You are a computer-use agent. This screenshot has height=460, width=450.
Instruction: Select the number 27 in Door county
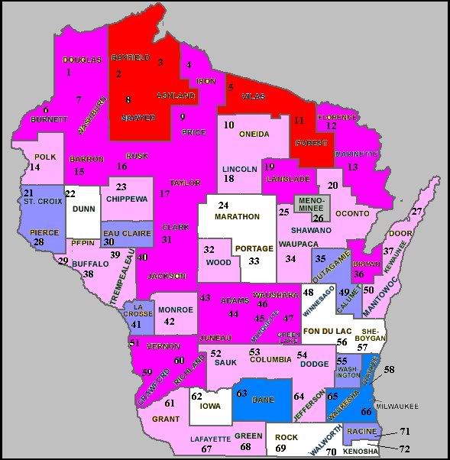pyautogui.click(x=417, y=212)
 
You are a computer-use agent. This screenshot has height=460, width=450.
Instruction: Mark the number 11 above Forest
pyautogui.click(x=299, y=121)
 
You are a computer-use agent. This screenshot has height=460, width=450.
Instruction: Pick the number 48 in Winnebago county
pyautogui.click(x=308, y=293)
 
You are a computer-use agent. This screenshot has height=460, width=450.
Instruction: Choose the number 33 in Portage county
pyautogui.click(x=254, y=261)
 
